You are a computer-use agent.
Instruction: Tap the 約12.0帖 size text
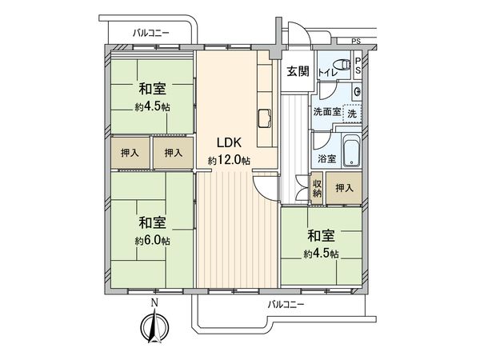[228, 161]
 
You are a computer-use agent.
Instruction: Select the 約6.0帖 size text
[152, 240]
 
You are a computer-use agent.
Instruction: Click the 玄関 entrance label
[298, 70]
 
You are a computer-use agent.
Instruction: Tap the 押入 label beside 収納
[344, 188]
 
